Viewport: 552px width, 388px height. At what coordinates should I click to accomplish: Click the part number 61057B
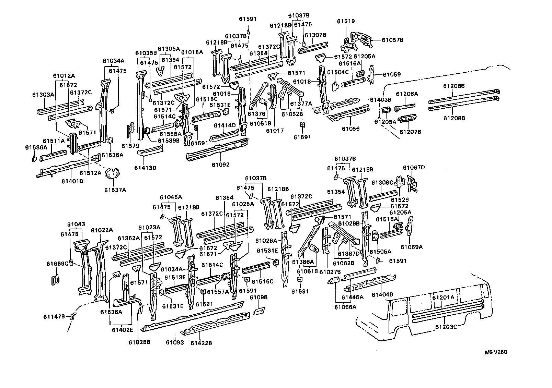point(392,40)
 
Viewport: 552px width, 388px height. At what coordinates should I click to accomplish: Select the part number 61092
point(220,165)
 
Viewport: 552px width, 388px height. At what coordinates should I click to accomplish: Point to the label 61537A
point(115,190)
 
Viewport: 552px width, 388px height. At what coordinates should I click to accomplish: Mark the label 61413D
point(145,168)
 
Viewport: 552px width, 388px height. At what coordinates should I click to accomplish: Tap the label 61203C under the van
point(446,327)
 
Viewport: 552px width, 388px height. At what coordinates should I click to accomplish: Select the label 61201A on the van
point(443,297)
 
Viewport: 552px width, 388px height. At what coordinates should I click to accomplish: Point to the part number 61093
point(175,342)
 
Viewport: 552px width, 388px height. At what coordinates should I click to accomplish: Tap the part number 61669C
point(57,264)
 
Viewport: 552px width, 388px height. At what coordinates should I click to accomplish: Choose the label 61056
point(350,129)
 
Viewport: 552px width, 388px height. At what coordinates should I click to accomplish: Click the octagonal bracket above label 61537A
point(112,174)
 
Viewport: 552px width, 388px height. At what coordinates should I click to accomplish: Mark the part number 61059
point(392,74)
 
